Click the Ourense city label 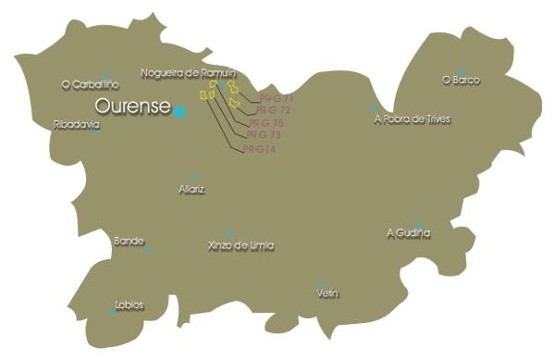tap(132, 107)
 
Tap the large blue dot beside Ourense tap(179, 111)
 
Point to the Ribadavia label tap(77, 124)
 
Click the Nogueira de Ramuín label tap(189, 72)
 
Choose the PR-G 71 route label tap(277, 98)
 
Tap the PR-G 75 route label tap(265, 123)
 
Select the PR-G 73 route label tap(263, 135)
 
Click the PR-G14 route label tap(259, 148)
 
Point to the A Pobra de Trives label tap(412, 119)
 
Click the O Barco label tap(461, 81)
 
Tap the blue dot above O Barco tap(460, 71)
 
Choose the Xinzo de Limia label tap(241, 245)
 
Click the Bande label tap(128, 241)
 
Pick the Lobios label tap(129, 304)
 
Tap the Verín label tap(327, 293)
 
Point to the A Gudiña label tap(408, 233)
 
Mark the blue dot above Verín tap(320, 283)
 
